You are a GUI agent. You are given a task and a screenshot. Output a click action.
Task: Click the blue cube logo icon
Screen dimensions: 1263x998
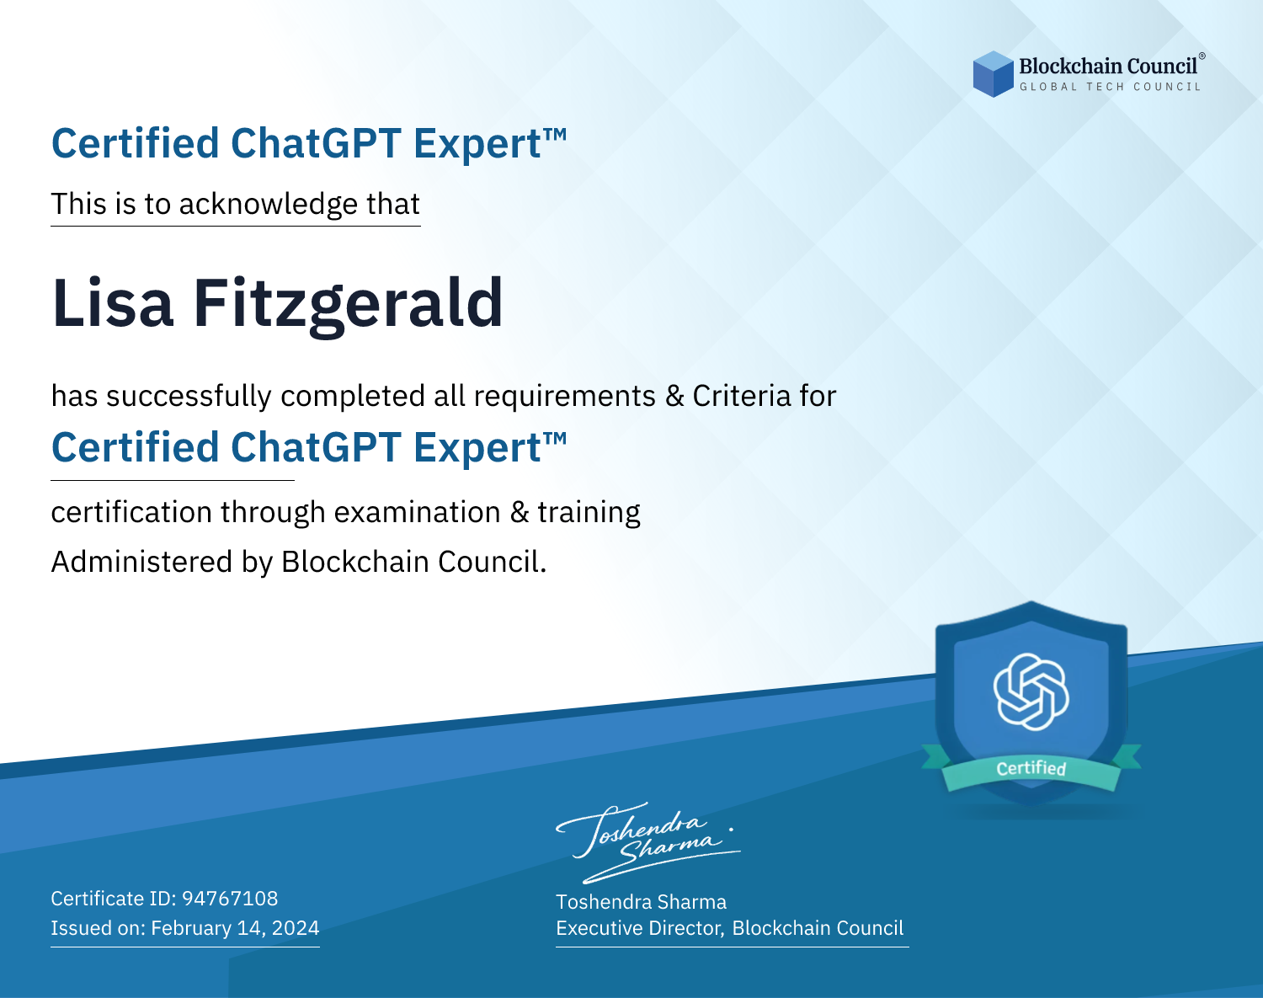tap(993, 74)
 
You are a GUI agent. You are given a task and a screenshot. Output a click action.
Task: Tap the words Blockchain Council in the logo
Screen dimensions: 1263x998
tap(1108, 67)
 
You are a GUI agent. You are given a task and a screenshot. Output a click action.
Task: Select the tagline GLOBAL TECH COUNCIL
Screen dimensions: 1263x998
tap(1110, 87)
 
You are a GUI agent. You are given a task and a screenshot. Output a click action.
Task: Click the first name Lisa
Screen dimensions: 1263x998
tap(113, 303)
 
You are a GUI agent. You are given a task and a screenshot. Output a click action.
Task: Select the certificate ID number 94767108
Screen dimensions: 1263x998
tap(230, 898)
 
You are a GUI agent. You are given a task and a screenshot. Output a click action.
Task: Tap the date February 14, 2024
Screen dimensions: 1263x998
tap(235, 927)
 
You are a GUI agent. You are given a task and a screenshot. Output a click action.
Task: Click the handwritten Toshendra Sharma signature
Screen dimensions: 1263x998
tap(647, 842)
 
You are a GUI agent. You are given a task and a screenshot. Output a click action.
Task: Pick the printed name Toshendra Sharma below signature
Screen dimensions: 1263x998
tap(641, 902)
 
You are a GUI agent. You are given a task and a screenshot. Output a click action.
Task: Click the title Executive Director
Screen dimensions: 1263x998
tap(639, 928)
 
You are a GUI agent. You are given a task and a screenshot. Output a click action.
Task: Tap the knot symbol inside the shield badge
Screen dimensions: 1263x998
tap(1031, 691)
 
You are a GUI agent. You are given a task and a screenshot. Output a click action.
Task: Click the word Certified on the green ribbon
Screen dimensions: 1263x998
tap(1031, 768)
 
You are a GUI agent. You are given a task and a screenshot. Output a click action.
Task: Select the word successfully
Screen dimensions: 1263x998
tap(189, 397)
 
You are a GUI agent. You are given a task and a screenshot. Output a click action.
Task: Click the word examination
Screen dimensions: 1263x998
tap(417, 512)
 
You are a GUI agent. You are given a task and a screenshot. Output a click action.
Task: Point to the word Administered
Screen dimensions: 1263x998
tap(142, 562)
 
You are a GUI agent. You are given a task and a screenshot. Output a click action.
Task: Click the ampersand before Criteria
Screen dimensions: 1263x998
tap(674, 396)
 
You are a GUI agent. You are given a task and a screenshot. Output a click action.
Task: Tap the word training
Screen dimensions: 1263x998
tap(589, 513)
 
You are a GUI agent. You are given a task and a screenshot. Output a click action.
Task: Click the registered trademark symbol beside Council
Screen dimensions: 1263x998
tap(1202, 56)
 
